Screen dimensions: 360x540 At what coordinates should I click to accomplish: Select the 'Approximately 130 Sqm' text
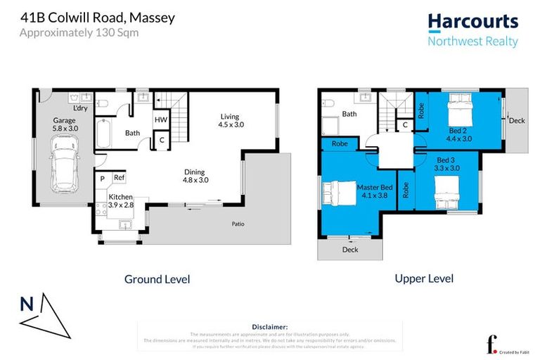point(79,32)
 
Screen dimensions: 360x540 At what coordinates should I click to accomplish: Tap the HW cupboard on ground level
point(160,120)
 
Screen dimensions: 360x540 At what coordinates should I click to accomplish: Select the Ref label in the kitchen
point(120,179)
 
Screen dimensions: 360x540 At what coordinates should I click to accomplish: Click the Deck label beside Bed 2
point(517,121)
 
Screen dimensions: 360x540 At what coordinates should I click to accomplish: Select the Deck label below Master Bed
point(349,250)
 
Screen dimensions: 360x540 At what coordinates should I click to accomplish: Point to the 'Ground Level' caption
point(157,279)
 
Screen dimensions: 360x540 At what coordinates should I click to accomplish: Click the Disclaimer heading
point(269,327)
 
